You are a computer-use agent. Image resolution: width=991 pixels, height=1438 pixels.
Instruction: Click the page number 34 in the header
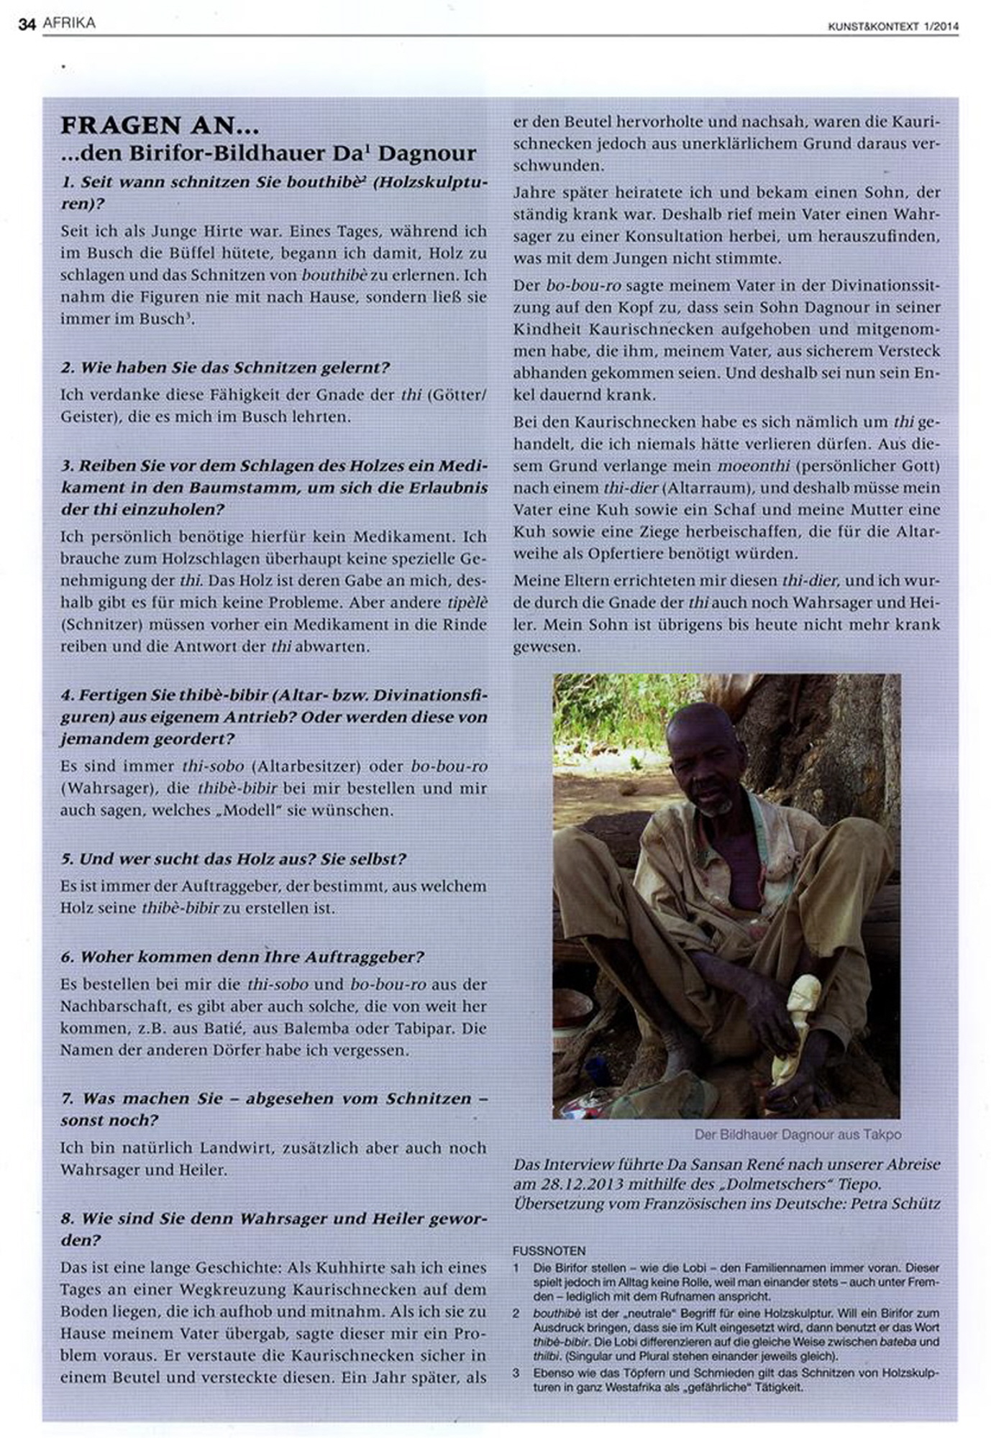(x=27, y=24)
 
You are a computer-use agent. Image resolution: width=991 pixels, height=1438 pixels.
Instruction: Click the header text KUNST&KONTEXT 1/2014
(x=893, y=27)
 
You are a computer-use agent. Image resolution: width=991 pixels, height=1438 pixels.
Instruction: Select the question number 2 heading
(x=224, y=367)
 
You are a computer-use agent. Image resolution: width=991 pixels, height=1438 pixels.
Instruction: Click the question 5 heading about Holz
(x=233, y=858)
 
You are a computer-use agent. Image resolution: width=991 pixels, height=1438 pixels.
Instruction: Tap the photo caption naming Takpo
(x=798, y=1135)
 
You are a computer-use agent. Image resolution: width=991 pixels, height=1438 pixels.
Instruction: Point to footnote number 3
(x=516, y=1373)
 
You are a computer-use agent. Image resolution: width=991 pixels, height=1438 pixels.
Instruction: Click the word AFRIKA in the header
(x=69, y=23)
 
